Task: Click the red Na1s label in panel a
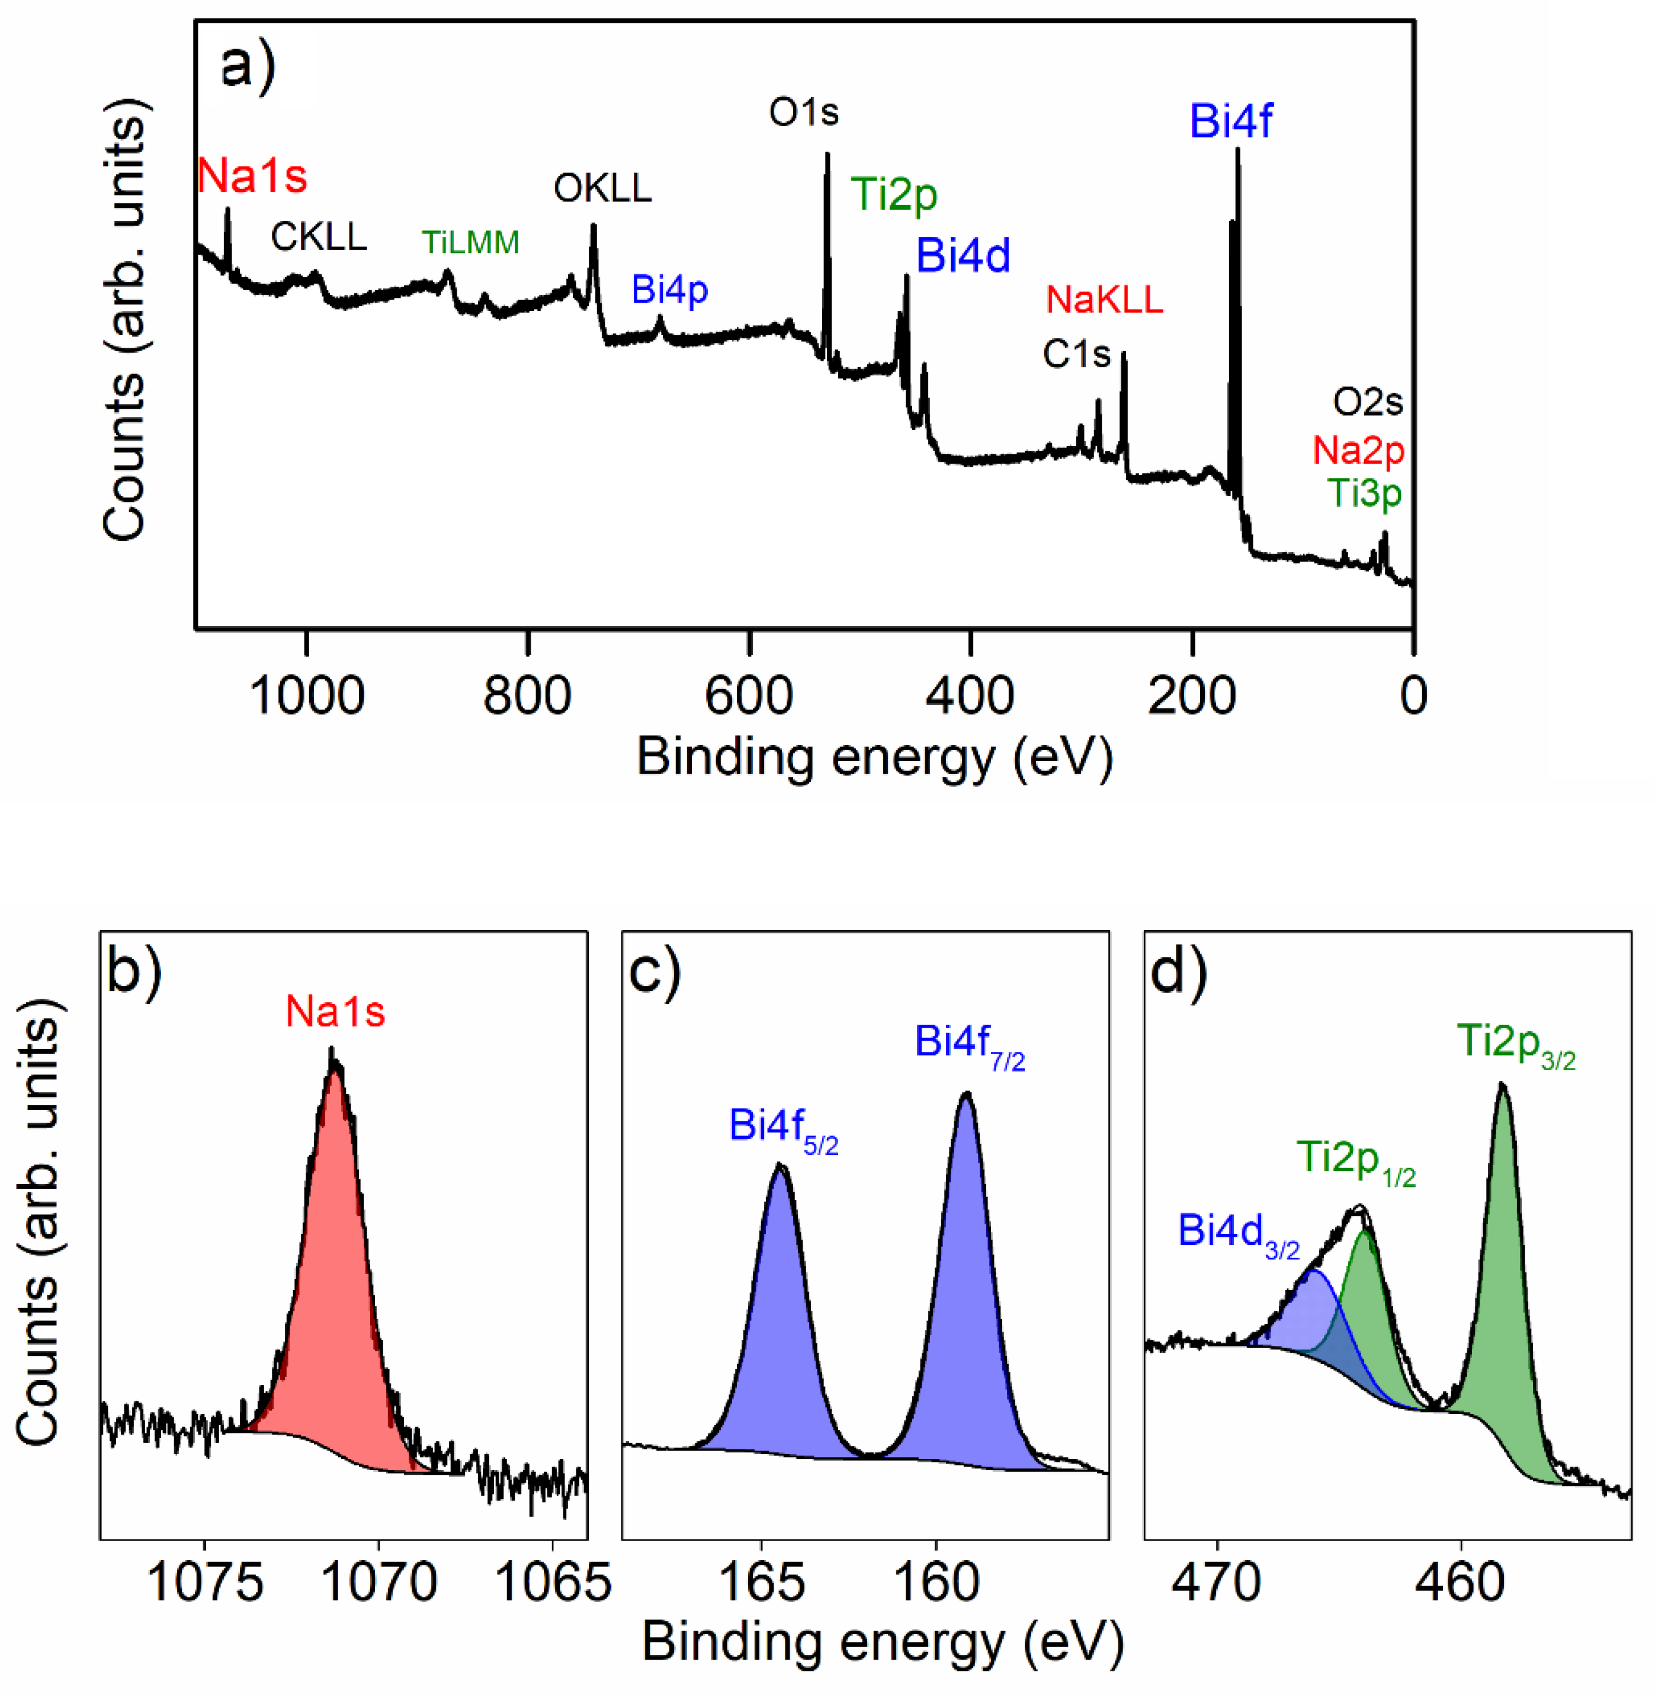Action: [252, 175]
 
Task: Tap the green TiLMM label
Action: [470, 242]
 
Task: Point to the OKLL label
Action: [602, 188]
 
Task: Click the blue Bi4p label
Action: [669, 290]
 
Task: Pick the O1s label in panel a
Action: [804, 112]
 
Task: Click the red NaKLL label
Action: [1104, 300]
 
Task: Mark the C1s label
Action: [1077, 354]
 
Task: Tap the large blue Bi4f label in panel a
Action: [1231, 121]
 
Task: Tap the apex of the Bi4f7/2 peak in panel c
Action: [966, 1093]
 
